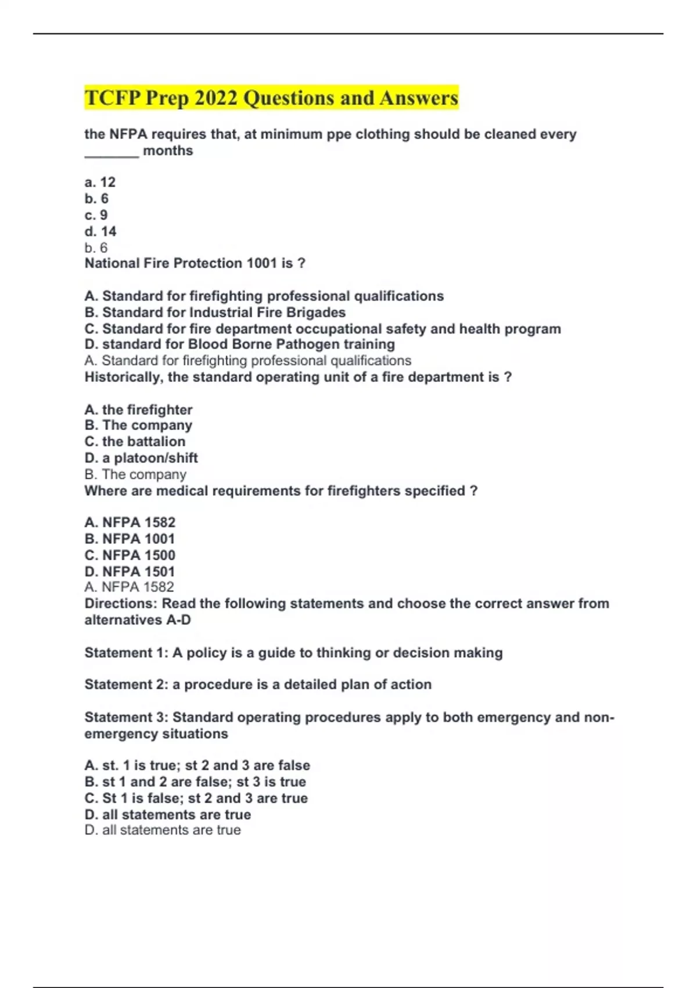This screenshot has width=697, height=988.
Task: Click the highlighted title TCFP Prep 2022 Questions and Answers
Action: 271,98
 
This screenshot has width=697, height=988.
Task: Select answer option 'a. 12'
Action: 100,182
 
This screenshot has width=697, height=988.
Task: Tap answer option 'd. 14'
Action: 100,231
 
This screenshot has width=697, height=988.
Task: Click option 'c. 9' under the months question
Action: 96,215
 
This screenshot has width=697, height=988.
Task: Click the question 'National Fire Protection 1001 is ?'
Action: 195,263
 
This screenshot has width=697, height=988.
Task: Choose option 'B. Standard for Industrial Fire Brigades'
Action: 215,313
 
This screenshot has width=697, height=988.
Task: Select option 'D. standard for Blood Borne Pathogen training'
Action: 239,345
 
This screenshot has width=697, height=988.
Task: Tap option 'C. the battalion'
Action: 135,442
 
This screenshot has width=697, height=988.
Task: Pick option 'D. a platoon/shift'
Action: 141,458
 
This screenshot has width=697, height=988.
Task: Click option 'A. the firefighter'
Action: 138,410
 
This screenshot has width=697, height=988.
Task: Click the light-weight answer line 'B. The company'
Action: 135,474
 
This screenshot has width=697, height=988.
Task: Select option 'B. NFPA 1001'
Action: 130,539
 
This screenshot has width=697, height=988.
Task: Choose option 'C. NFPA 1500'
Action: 130,555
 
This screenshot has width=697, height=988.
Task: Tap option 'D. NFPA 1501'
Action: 130,571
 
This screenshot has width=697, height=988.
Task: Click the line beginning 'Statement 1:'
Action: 293,653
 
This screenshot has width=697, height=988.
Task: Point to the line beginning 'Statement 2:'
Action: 258,685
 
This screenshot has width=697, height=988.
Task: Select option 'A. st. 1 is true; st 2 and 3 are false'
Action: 197,765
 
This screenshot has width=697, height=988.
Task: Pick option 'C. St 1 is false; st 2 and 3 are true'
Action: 196,798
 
